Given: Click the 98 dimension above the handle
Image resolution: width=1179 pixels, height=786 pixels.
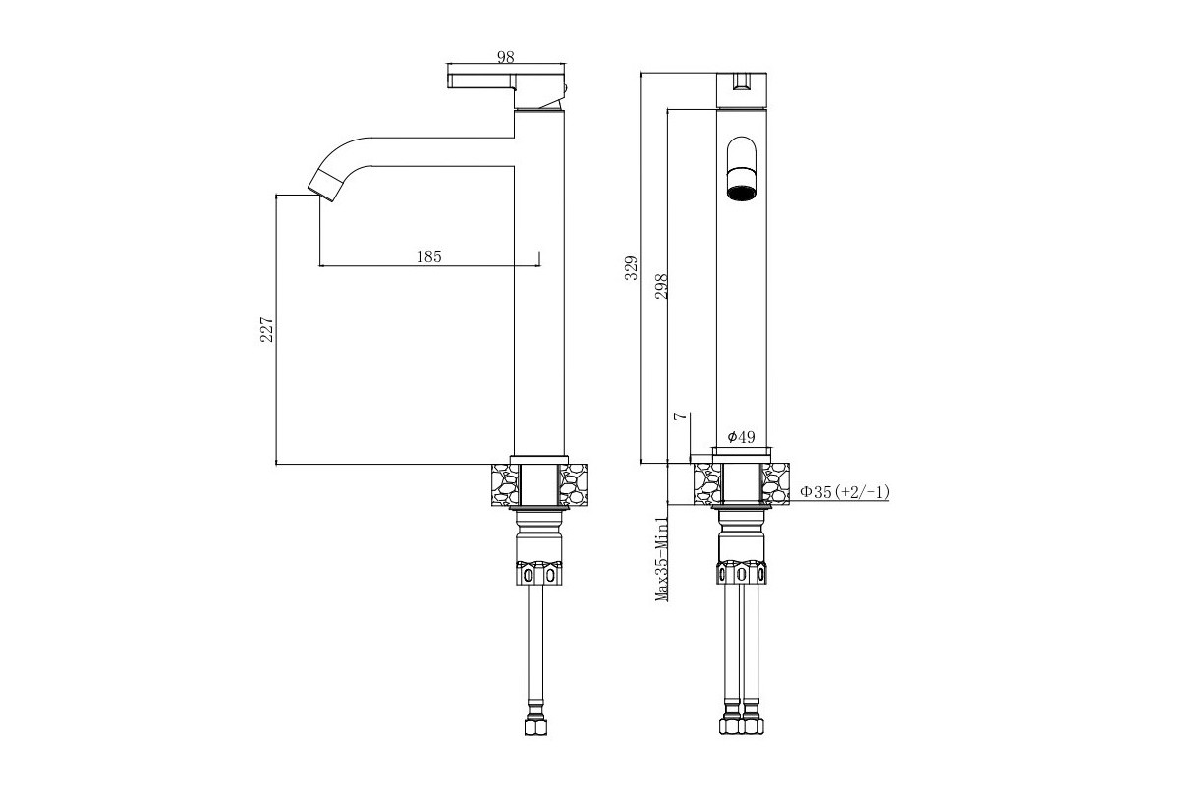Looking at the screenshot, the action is point(505,57).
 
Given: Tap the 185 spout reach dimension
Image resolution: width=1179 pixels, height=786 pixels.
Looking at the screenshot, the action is point(429,256).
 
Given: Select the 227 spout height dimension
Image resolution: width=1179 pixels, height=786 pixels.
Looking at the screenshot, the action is point(267,329).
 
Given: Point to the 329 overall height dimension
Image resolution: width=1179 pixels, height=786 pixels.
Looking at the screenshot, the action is point(631,267).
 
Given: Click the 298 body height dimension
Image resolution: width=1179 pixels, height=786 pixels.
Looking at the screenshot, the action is point(661,286).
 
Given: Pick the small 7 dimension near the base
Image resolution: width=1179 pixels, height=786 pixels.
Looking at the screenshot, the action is point(681,416).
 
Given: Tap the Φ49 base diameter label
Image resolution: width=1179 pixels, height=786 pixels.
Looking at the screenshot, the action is point(741,437).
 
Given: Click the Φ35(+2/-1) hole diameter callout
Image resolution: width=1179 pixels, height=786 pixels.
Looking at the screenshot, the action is point(845,492).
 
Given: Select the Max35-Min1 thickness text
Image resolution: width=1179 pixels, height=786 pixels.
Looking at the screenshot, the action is point(661,559).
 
